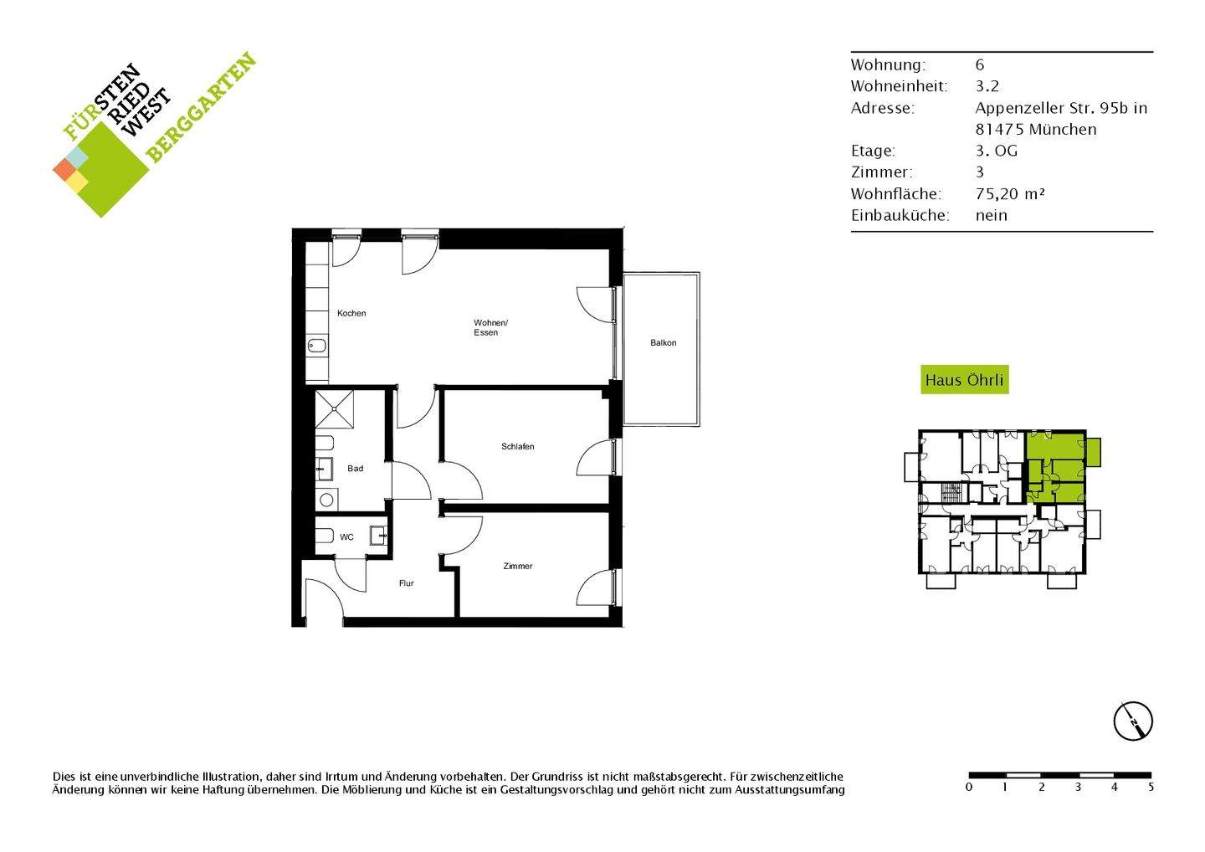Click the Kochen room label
click(x=351, y=314)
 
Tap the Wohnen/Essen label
click(x=490, y=328)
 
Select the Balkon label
click(x=664, y=343)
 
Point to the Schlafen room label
click(x=518, y=447)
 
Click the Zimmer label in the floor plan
click(x=518, y=567)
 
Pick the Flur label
click(x=407, y=583)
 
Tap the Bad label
click(x=356, y=469)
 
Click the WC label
click(x=346, y=537)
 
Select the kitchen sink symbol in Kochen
click(x=318, y=345)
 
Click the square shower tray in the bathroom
click(x=336, y=410)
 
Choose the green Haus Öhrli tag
click(x=964, y=380)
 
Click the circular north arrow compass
click(x=1133, y=721)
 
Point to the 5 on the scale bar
click(x=1151, y=788)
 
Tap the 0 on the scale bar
click(x=969, y=788)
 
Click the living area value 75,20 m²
click(x=1010, y=193)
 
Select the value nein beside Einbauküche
click(x=992, y=215)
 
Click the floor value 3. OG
click(x=997, y=151)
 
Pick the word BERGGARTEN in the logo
click(x=201, y=108)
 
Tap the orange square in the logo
click(x=64, y=169)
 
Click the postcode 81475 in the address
click(x=999, y=129)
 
